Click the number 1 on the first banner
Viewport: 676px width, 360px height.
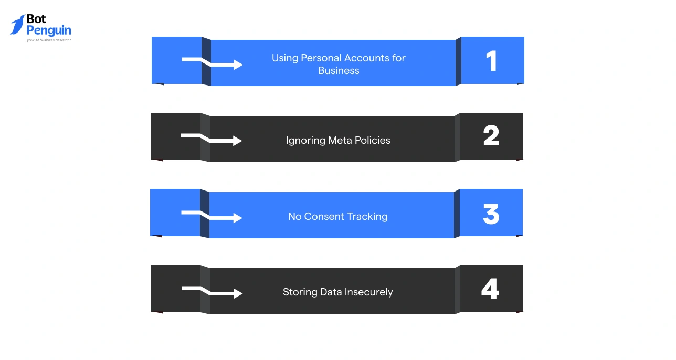point(492,61)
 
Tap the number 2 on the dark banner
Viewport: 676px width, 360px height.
point(491,135)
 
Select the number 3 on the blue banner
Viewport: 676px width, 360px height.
point(491,214)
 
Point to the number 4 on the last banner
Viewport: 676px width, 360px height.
point(490,289)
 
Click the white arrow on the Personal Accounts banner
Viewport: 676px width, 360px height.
point(212,62)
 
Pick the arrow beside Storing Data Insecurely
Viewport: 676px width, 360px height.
point(212,291)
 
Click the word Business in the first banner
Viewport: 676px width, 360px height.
point(339,71)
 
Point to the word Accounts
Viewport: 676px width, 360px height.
point(367,58)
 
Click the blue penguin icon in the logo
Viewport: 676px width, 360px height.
point(18,25)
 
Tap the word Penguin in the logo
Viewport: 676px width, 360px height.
point(49,31)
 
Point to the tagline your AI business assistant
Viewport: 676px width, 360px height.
point(49,40)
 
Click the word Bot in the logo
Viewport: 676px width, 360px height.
point(36,19)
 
